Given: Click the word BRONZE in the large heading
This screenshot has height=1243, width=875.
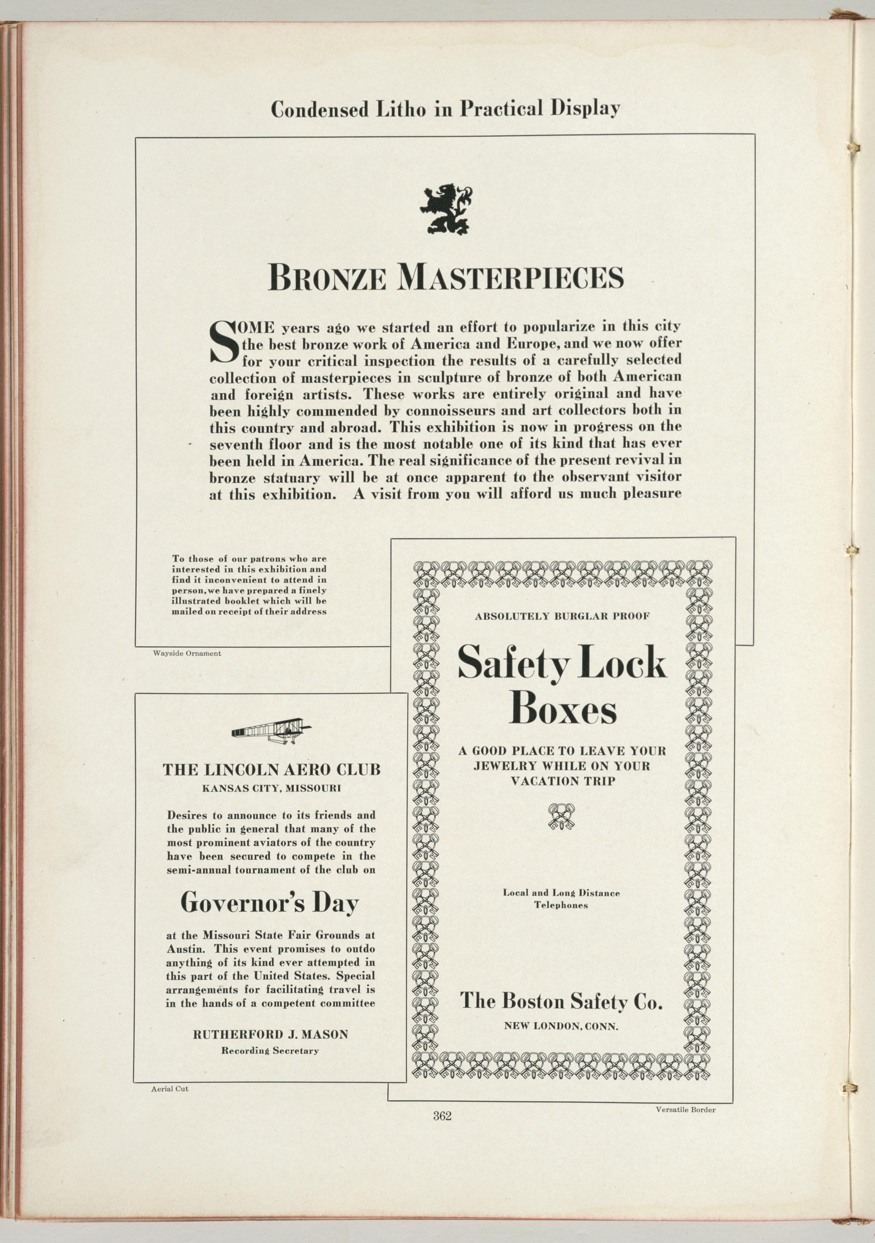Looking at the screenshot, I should [x=327, y=278].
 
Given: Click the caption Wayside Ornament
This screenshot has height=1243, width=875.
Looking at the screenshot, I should [x=187, y=654].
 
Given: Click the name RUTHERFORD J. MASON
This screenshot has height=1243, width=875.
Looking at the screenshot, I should [x=271, y=1034].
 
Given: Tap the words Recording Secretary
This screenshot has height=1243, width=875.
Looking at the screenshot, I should [x=270, y=1051].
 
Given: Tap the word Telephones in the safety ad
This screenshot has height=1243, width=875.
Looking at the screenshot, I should [x=561, y=905].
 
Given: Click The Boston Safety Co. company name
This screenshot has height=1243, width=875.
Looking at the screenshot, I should [x=561, y=1001].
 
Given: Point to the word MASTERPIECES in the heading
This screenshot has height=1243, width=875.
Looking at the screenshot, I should [x=510, y=278].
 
